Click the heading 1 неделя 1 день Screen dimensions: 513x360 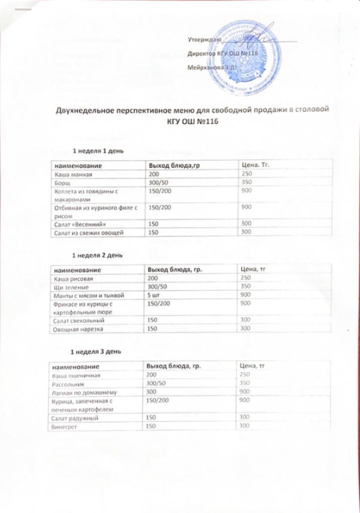[98, 151]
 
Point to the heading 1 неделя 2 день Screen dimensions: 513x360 [97, 255]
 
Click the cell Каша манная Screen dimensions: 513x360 [74, 174]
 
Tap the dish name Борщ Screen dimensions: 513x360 [62, 183]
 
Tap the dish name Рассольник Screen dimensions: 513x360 [70, 383]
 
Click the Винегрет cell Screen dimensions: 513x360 [63, 426]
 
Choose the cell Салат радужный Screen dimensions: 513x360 [75, 417]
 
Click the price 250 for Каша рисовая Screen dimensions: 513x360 [246, 278]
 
